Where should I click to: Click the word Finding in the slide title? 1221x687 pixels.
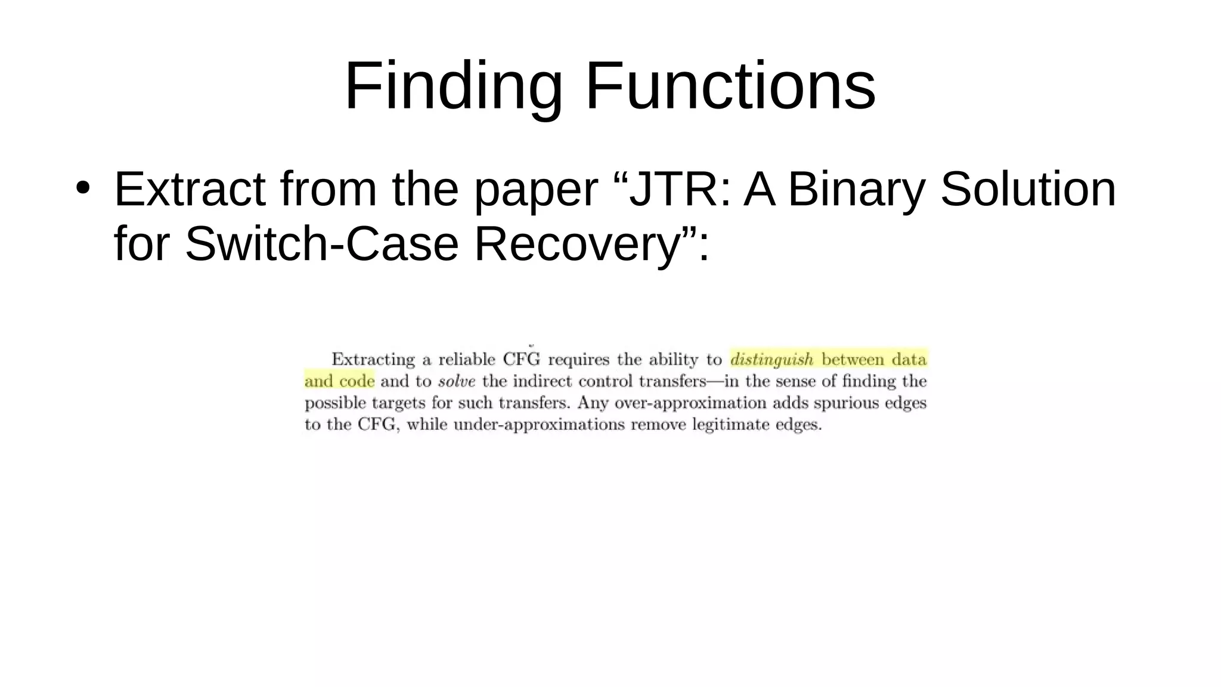point(453,86)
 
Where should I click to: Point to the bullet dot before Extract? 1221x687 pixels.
point(83,187)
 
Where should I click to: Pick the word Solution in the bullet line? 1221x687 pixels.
point(1028,190)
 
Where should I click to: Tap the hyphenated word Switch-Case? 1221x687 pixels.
point(321,245)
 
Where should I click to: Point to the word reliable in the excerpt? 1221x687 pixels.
point(467,360)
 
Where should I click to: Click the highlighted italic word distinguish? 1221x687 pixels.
point(771,360)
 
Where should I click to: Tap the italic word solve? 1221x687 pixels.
point(456,382)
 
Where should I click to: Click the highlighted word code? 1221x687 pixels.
point(357,382)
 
